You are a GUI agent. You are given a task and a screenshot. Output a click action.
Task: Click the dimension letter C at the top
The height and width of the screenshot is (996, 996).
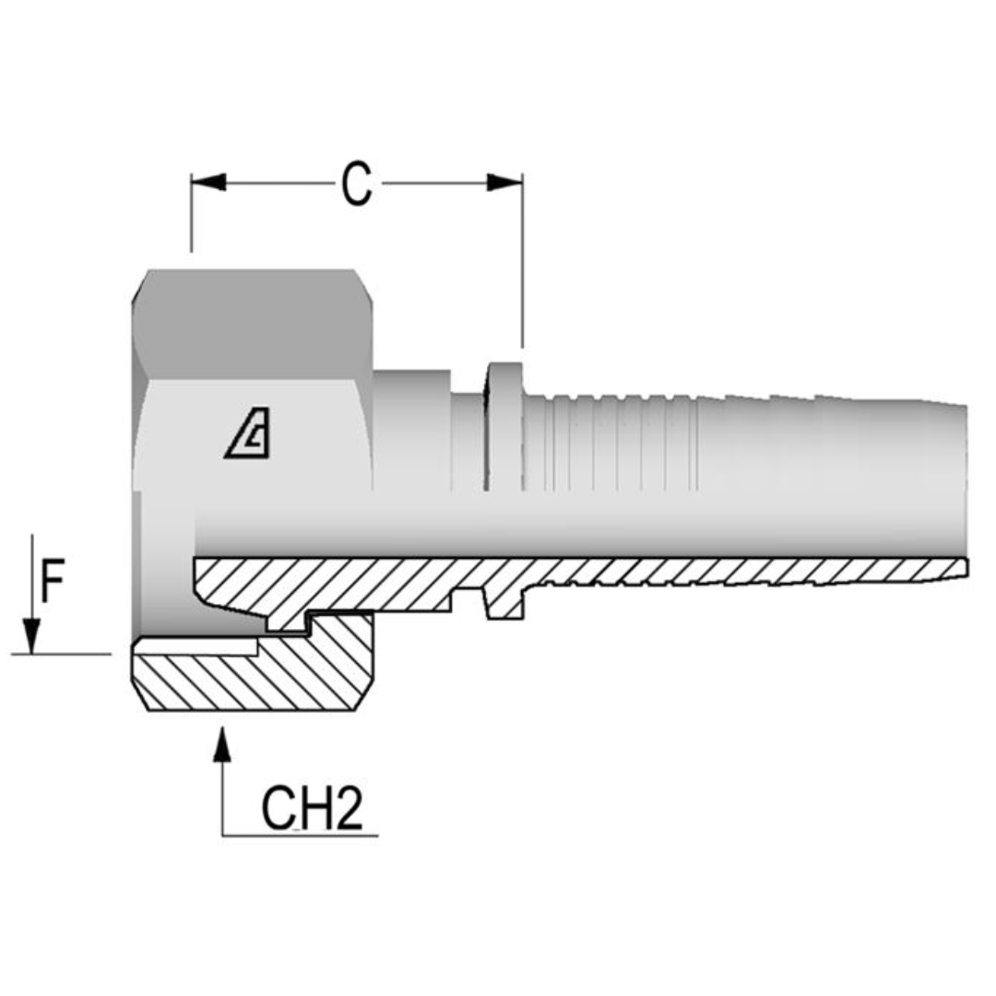(356, 184)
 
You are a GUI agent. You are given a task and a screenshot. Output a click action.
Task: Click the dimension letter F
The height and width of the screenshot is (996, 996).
(53, 584)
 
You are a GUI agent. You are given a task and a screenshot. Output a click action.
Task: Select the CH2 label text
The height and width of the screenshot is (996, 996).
(311, 810)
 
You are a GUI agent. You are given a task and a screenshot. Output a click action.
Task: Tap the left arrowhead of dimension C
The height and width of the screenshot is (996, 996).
(208, 183)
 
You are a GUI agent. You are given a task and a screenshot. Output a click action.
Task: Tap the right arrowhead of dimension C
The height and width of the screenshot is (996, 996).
(504, 183)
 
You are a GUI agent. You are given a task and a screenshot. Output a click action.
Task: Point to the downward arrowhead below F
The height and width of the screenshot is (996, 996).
(32, 635)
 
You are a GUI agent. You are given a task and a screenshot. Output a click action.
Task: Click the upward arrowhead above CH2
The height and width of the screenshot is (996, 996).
(221, 745)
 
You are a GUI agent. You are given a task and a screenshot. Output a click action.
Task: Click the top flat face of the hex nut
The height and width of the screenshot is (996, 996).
(254, 323)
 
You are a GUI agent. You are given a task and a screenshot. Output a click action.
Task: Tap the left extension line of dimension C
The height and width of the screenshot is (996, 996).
(191, 217)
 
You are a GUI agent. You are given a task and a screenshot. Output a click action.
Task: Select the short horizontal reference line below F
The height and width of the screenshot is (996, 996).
(61, 654)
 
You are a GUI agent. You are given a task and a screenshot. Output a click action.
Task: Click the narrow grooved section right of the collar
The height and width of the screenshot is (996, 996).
(609, 443)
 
